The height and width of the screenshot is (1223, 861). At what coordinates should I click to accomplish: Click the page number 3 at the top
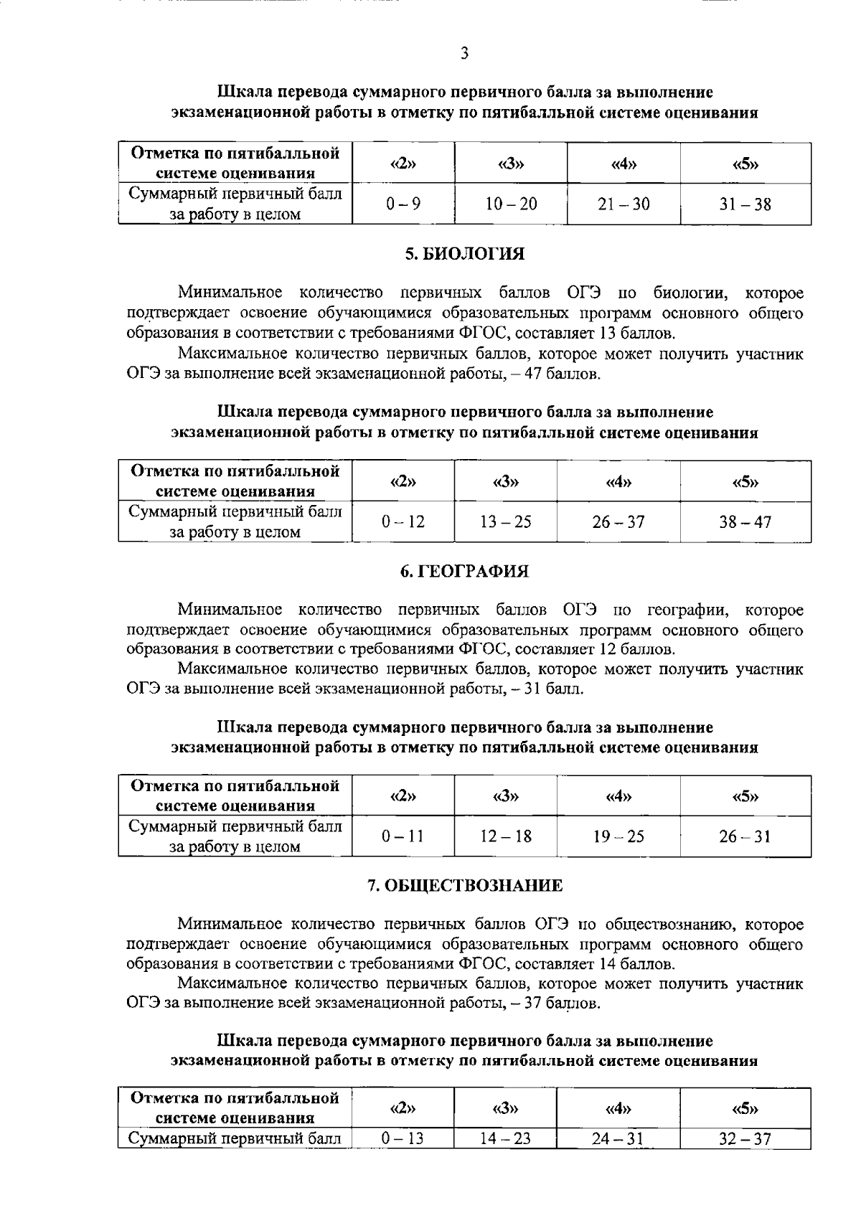coord(465,52)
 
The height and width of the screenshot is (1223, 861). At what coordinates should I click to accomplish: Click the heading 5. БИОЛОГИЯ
coord(464,253)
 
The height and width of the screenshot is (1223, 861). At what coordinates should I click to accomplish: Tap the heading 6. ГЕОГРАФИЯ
coord(464,571)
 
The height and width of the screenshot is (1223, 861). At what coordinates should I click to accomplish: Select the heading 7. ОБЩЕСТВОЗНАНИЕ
coord(464,885)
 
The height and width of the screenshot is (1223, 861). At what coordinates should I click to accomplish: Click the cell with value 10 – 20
coord(510,204)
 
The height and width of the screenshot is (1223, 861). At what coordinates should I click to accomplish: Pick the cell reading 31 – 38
coord(745,204)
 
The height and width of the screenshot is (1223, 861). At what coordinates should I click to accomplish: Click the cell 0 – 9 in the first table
coord(403,204)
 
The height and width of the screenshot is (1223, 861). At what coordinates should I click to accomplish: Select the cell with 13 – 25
coord(505,522)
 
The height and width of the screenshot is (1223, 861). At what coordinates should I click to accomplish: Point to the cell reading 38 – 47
coord(745,522)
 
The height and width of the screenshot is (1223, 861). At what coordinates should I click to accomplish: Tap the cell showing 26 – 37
coord(618,522)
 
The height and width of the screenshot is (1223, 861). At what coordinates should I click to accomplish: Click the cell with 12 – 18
coord(505,836)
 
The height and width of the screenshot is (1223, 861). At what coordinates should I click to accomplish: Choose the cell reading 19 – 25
coord(618,836)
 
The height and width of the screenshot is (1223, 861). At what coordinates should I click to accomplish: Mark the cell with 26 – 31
coord(745,836)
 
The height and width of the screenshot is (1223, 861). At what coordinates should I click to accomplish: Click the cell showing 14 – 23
coord(505,1138)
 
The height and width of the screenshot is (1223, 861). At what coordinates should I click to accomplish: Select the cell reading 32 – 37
coord(745,1138)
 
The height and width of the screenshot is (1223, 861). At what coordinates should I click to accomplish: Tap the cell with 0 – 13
coord(403,1138)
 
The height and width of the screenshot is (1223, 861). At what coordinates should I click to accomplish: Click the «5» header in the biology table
coord(745,481)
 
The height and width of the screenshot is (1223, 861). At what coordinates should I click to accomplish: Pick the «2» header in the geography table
coord(403,795)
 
